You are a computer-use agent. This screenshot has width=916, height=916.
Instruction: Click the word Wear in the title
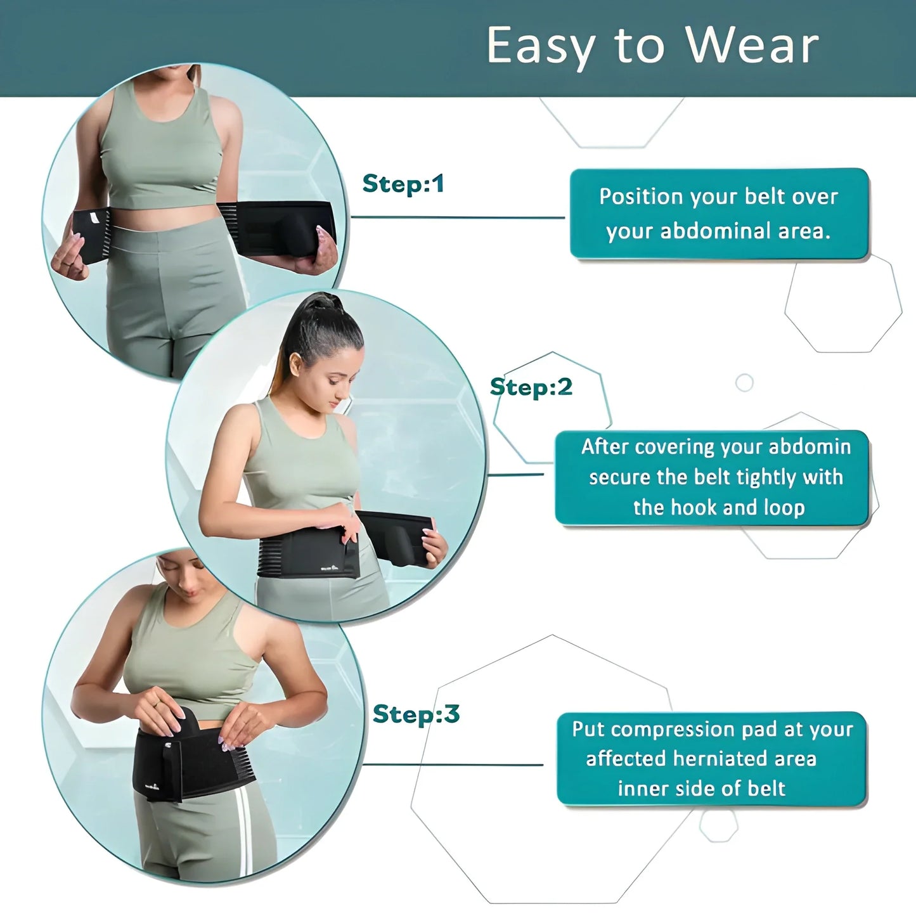click(752, 46)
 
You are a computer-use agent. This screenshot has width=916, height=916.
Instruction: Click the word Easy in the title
click(541, 47)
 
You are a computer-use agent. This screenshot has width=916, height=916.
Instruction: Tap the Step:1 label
click(403, 184)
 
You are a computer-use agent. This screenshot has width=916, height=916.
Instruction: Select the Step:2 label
click(531, 387)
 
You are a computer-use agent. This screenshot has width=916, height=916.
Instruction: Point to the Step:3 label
click(416, 714)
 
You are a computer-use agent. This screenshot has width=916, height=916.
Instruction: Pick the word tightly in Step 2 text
click(759, 477)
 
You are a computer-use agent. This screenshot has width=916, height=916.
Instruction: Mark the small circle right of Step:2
click(744, 383)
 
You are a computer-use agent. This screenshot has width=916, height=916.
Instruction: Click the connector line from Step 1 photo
click(456, 217)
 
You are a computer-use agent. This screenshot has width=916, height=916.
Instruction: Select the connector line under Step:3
click(453, 764)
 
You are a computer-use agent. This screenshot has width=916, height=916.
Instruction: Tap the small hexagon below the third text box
click(719, 825)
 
